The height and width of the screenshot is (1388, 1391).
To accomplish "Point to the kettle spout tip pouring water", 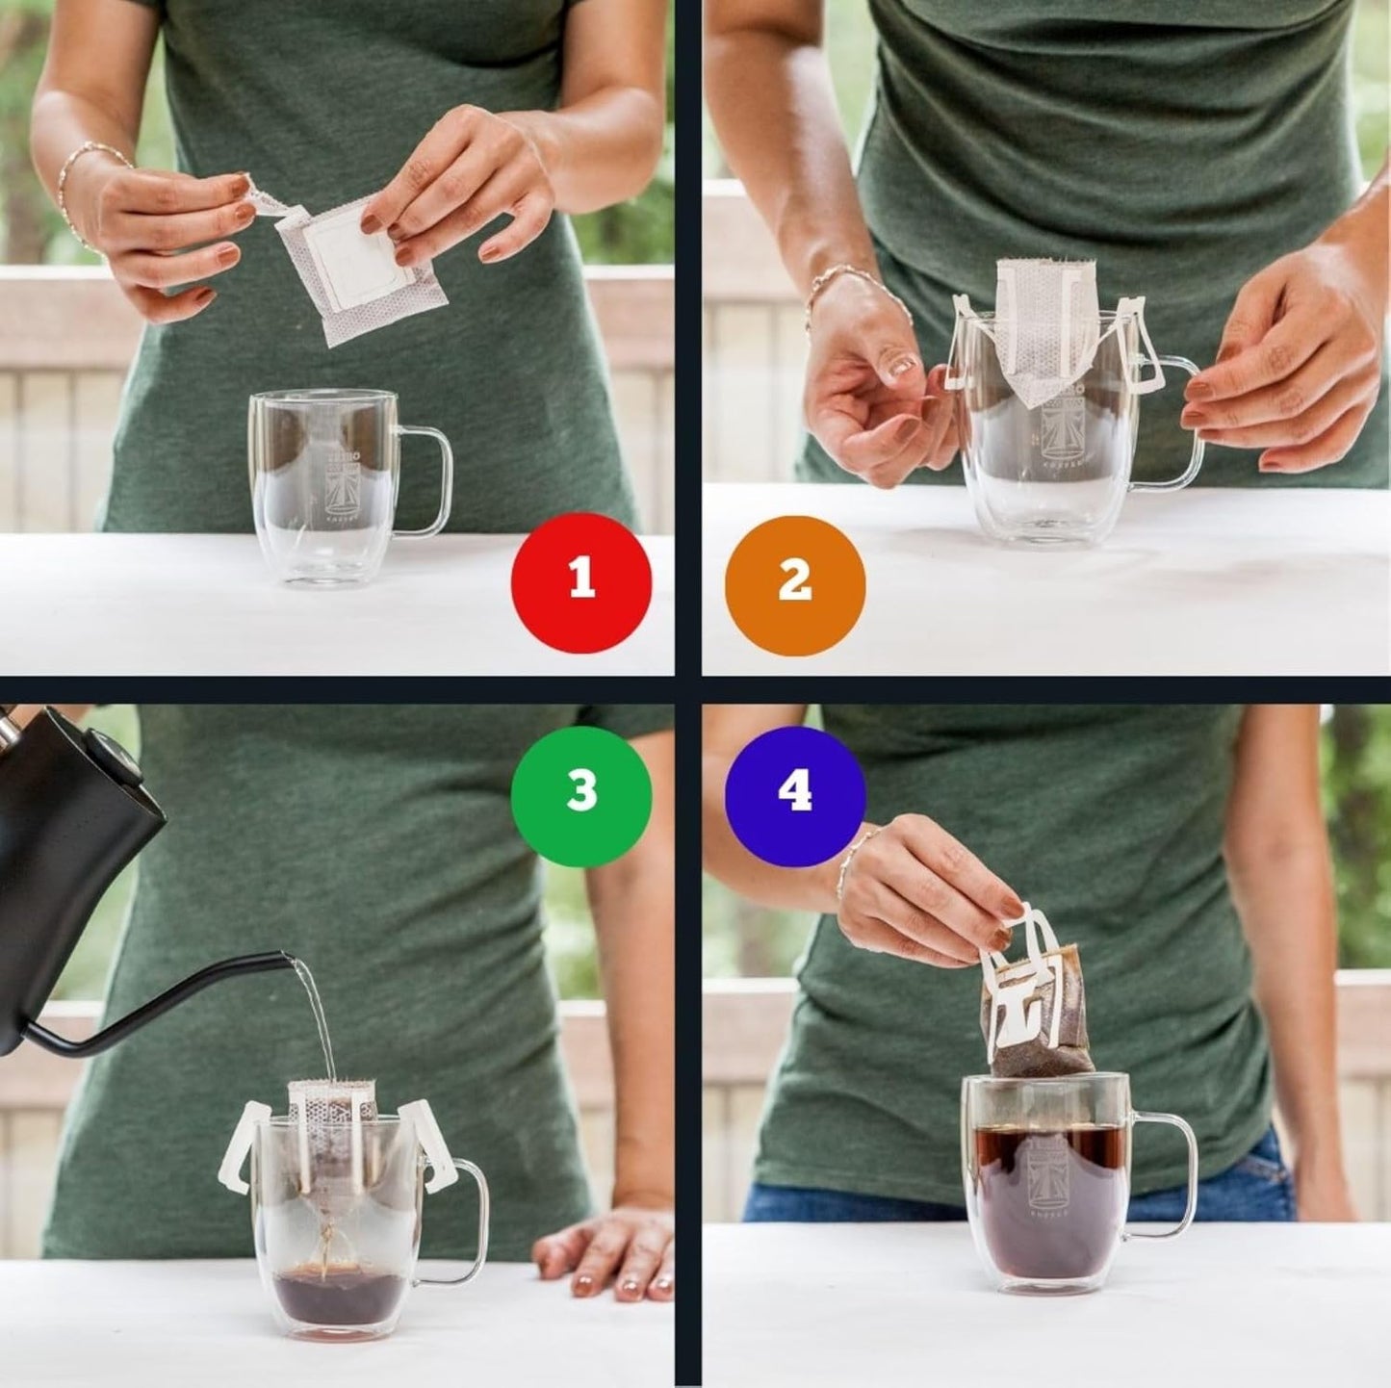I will pos(287,958).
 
